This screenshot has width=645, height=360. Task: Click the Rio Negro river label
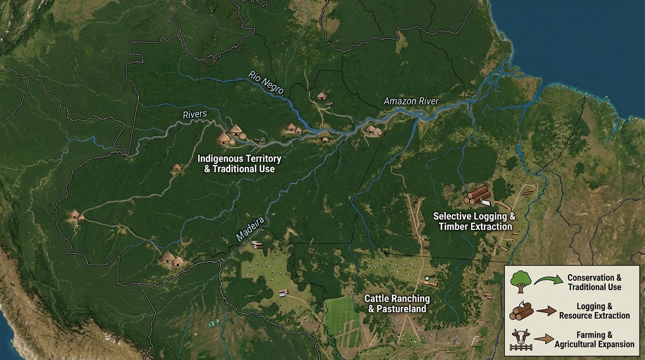pos(266,82)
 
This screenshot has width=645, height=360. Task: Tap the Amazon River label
pos(411,101)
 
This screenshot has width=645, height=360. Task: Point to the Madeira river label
pos(250,230)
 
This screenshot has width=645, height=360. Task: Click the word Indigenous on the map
pos(218,159)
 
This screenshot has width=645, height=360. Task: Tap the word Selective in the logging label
pos(450,217)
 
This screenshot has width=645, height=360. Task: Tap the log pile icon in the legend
pos(521,311)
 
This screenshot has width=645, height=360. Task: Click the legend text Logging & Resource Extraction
pos(594,311)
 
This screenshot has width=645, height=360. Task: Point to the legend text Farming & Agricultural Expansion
pos(594,340)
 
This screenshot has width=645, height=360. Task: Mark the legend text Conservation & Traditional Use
pos(594,282)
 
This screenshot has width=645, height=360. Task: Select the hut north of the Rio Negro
pos(322,96)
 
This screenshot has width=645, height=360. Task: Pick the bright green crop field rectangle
pos(342,316)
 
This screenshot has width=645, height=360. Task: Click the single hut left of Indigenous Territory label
pos(177,167)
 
